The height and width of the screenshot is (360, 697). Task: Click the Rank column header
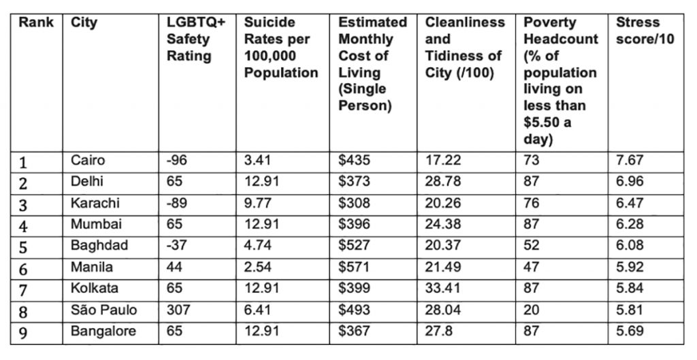[x=36, y=22]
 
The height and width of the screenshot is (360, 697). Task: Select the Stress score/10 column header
[x=645, y=31]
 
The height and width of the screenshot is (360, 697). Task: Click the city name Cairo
[x=88, y=161]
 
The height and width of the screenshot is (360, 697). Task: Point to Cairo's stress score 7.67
[x=630, y=161]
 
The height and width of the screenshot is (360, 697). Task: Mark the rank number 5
[x=24, y=247]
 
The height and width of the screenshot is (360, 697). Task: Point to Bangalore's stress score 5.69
[x=630, y=331]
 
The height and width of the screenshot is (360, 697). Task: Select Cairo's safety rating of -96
[x=178, y=161]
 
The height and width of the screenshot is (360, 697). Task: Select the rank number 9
[x=24, y=332]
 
